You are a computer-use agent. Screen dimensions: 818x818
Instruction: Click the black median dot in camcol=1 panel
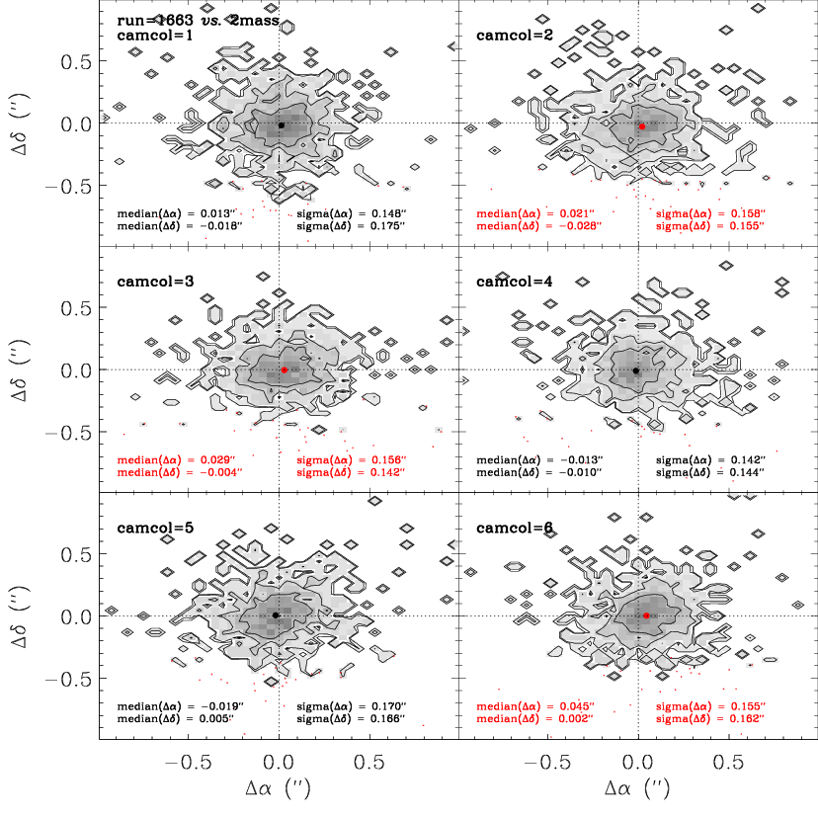[x=282, y=125]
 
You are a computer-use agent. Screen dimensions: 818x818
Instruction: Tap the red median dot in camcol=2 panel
[x=642, y=126]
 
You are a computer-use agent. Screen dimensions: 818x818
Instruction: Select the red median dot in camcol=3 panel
[x=285, y=369]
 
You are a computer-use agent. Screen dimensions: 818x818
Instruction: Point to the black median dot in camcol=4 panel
[x=636, y=370]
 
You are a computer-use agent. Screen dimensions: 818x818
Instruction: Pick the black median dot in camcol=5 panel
[x=276, y=615]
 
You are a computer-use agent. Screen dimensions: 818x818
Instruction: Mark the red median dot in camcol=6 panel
[x=646, y=615]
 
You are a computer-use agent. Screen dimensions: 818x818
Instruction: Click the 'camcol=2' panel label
[x=515, y=35]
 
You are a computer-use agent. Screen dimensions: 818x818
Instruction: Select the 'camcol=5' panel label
[x=155, y=528]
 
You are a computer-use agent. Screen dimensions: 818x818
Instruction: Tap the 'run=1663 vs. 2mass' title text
[x=199, y=21]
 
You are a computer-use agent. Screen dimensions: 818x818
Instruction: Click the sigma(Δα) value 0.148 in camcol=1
[x=388, y=213]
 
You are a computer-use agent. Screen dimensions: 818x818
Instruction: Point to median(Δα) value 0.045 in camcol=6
[x=577, y=706]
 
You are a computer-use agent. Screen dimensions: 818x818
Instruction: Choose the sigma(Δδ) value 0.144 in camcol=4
[x=748, y=472]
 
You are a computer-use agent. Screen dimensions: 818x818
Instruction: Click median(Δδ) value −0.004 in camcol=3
[x=221, y=472]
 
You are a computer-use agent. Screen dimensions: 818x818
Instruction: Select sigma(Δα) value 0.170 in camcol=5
[x=388, y=706]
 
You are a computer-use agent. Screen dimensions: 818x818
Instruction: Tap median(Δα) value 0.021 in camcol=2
[x=577, y=213]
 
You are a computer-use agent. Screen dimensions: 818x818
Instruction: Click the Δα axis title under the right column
[x=637, y=788]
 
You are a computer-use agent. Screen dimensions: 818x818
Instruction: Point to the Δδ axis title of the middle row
[x=21, y=370]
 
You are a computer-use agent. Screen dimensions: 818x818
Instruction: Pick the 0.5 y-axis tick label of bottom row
[x=76, y=554]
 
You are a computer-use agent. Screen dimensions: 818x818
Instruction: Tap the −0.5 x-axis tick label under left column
[x=189, y=762]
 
